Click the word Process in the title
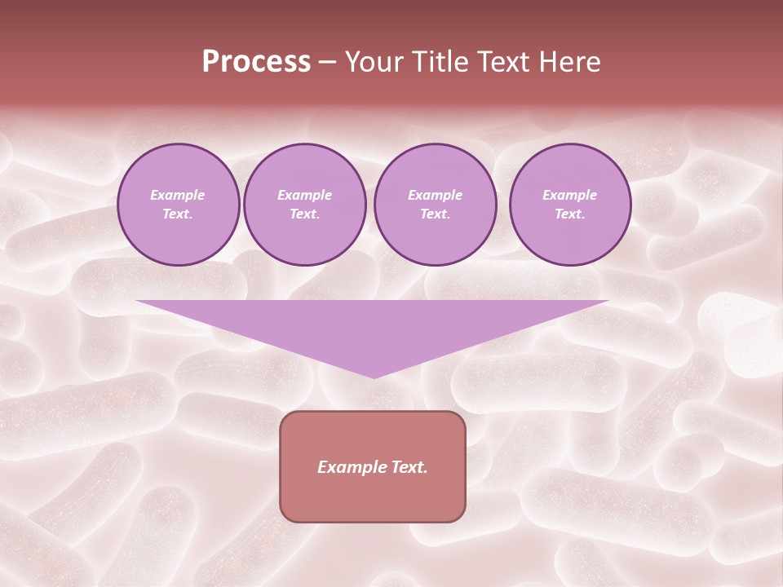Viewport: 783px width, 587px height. coord(256,62)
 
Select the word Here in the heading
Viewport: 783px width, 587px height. coord(569,62)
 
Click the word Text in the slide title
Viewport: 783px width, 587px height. coord(504,62)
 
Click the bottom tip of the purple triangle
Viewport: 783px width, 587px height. coord(374,376)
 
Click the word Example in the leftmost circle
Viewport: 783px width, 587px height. coord(178,195)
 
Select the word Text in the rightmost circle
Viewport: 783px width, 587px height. coord(570,214)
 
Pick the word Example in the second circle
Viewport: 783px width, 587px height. coord(305,195)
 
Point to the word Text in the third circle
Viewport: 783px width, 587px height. coord(436,214)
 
